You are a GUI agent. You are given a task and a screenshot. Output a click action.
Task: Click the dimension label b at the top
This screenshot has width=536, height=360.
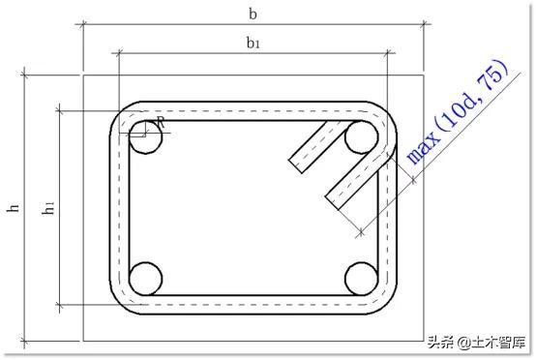[253, 14]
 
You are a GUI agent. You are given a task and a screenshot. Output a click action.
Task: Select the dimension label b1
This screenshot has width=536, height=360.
[253, 44]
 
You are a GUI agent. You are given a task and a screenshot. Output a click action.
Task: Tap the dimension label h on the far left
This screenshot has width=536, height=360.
[13, 207]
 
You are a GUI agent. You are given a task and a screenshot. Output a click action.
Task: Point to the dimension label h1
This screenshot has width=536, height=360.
[48, 207]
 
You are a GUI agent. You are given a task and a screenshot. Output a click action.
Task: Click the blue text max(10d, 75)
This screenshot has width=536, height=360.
[458, 112]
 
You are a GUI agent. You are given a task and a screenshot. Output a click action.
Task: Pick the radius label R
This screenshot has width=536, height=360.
[161, 122]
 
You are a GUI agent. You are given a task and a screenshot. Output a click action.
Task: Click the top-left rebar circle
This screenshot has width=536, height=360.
[145, 136]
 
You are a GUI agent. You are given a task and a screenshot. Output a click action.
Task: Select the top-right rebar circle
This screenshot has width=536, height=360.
[362, 136]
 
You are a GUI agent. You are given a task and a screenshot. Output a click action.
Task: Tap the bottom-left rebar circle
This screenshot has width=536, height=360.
[145, 279]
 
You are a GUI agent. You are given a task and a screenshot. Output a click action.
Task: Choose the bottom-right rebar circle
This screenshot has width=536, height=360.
[362, 279]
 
